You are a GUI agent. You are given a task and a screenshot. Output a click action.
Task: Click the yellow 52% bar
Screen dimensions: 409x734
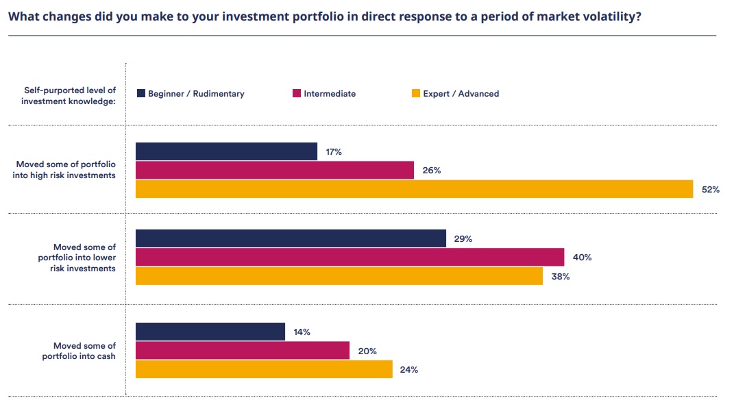click(414, 189)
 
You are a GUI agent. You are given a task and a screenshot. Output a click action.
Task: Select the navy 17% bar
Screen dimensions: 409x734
click(226, 151)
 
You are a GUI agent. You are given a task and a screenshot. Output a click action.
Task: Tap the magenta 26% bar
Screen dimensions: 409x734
click(274, 170)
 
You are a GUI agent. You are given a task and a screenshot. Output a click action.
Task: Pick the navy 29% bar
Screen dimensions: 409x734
click(291, 238)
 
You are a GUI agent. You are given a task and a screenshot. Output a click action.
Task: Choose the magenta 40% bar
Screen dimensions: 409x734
click(350, 257)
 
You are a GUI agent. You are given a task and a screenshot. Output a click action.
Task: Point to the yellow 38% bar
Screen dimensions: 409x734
click(339, 276)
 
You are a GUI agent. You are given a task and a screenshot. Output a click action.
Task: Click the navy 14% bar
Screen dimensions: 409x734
click(210, 332)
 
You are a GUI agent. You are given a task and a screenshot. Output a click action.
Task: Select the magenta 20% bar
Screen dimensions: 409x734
click(242, 350)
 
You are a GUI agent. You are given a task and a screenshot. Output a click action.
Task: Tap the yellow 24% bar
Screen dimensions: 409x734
click(264, 369)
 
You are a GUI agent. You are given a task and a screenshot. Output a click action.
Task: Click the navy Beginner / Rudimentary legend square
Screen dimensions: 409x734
click(140, 94)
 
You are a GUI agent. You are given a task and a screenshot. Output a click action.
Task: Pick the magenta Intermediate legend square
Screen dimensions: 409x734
click(297, 94)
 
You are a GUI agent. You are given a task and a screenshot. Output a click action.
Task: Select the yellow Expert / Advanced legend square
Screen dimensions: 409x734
click(415, 94)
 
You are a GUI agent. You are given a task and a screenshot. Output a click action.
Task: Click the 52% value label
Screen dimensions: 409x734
click(710, 190)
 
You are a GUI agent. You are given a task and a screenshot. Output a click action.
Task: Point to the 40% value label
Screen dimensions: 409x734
click(582, 258)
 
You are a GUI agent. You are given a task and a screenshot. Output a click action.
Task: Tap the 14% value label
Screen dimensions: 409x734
click(302, 332)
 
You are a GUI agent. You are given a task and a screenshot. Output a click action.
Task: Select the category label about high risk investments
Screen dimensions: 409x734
click(66, 170)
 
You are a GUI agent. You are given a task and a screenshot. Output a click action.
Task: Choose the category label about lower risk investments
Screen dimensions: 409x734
click(77, 258)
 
